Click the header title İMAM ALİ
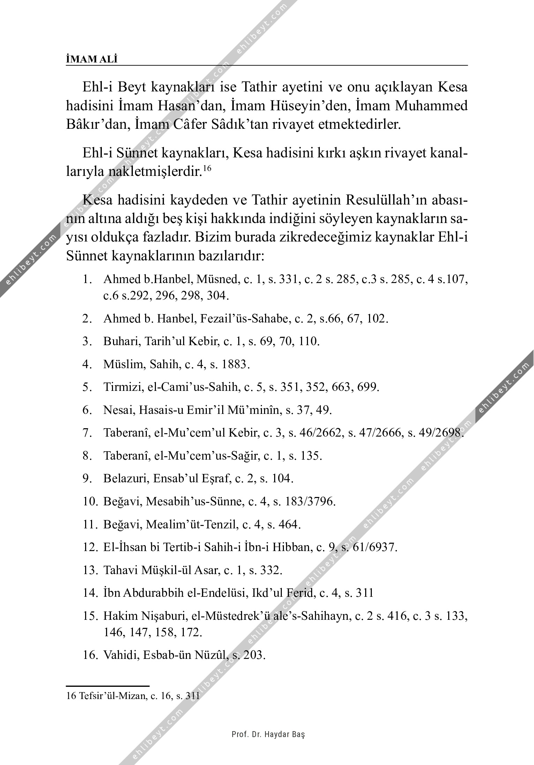[92, 59]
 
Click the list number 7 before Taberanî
[87, 433]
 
